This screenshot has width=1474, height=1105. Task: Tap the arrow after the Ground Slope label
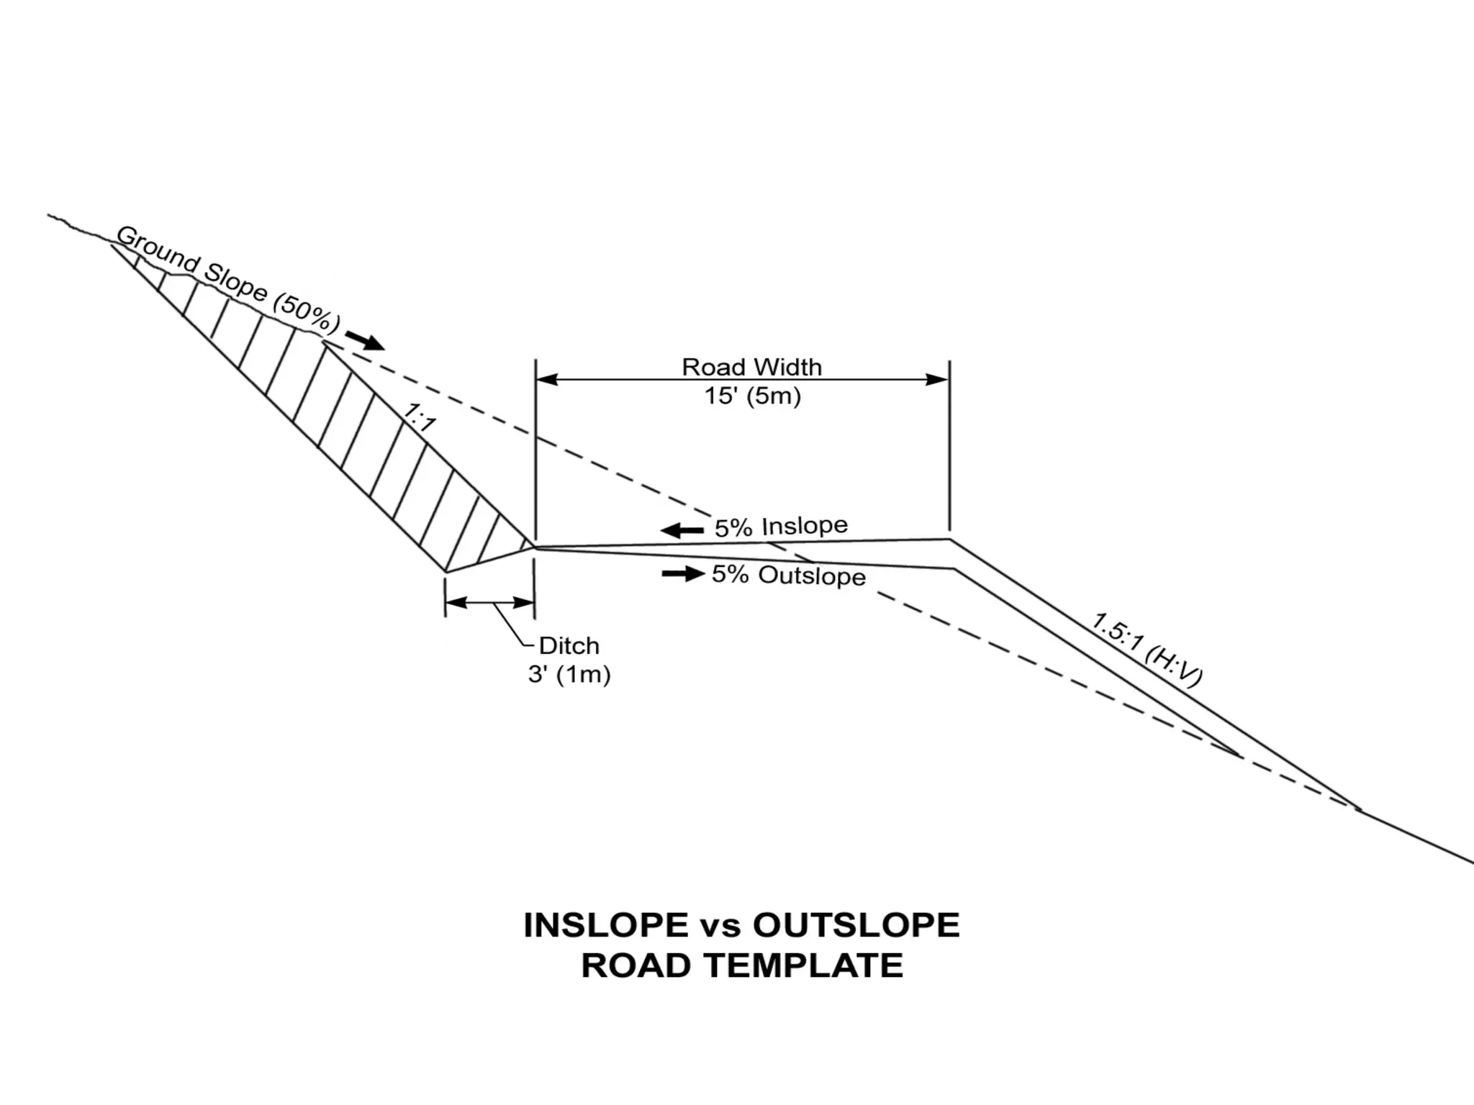365,340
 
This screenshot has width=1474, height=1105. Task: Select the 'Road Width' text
751,367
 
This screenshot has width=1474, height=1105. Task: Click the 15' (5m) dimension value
752,396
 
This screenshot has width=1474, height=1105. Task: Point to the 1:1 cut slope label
419,417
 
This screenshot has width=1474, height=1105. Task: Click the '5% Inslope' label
781,527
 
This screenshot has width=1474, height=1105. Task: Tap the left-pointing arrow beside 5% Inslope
682,531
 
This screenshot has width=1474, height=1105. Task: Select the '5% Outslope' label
789,575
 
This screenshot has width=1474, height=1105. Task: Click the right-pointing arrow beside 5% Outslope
683,573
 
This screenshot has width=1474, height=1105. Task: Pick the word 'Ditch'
569,645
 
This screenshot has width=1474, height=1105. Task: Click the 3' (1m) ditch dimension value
569,675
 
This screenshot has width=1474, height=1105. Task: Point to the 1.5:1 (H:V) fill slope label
1147,649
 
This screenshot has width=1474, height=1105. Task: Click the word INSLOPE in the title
605,925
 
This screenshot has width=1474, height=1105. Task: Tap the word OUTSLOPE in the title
856,925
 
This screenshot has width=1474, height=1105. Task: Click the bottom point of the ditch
446,572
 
